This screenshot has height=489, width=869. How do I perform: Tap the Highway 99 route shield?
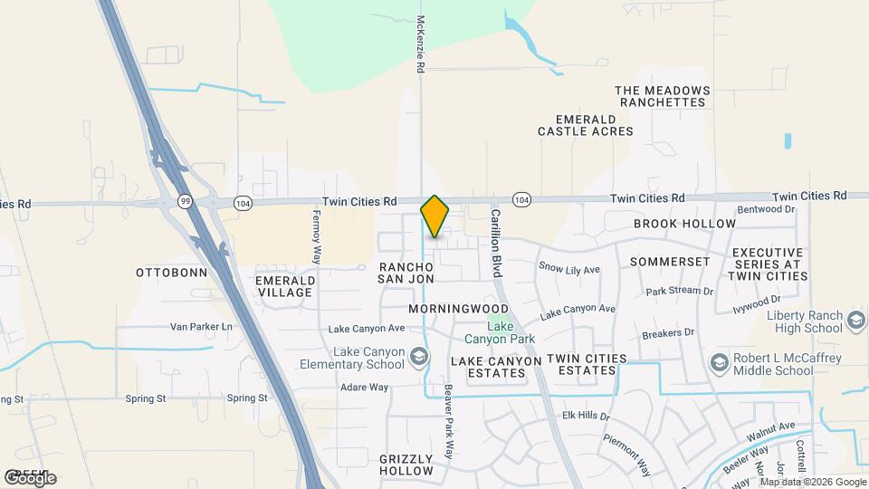[185, 201]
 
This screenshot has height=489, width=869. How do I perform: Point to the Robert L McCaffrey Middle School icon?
[719, 363]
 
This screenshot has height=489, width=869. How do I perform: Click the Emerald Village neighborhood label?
[285, 286]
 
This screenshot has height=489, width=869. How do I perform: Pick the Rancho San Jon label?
[406, 273]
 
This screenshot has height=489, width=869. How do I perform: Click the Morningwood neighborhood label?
[458, 309]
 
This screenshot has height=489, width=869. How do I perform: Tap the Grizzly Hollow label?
[406, 465]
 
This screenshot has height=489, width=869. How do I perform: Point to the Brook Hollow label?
[684, 224]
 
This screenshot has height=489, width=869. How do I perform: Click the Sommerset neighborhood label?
[670, 261]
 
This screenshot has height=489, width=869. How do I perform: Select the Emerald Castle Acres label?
[585, 125]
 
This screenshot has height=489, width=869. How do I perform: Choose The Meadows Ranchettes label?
[660, 96]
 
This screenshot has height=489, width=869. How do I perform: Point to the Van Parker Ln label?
[201, 326]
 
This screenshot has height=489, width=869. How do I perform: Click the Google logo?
[30, 478]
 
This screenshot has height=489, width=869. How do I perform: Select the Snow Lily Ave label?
[569, 269]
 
